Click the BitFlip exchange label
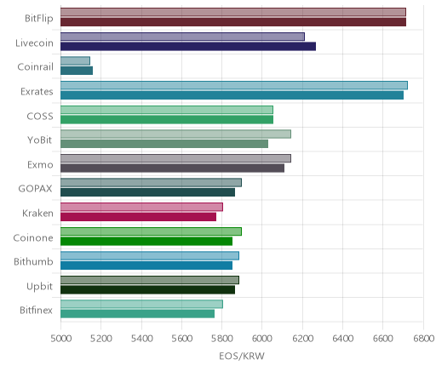39,19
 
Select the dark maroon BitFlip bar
233,22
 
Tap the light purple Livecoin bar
182,37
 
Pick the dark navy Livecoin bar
188,46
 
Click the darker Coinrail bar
77,71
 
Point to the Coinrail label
35,67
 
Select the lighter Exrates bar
234,85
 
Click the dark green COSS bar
167,119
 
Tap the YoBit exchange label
39,140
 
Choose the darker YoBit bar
164,144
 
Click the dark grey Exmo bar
172,168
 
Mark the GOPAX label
35,189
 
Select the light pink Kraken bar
141,207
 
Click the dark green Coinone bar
146,241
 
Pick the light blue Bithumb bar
150,255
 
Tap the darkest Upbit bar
147,289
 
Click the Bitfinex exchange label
36,311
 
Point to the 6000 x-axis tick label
262,339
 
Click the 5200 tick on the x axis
100,339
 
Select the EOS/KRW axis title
242,356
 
